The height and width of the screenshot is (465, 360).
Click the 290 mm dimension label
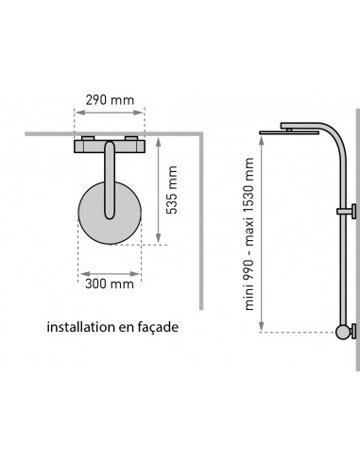click(x=110, y=100)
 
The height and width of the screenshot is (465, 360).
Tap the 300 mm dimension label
click(x=110, y=284)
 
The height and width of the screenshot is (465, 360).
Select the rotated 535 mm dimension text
click(x=172, y=190)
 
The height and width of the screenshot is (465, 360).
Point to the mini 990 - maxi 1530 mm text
click(x=249, y=233)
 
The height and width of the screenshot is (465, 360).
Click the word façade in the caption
click(x=158, y=328)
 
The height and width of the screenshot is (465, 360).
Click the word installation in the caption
click(x=81, y=327)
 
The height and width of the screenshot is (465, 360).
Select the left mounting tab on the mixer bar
click(x=88, y=138)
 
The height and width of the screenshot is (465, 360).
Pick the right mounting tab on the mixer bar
click(x=131, y=138)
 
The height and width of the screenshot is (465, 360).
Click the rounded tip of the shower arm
click(x=110, y=215)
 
